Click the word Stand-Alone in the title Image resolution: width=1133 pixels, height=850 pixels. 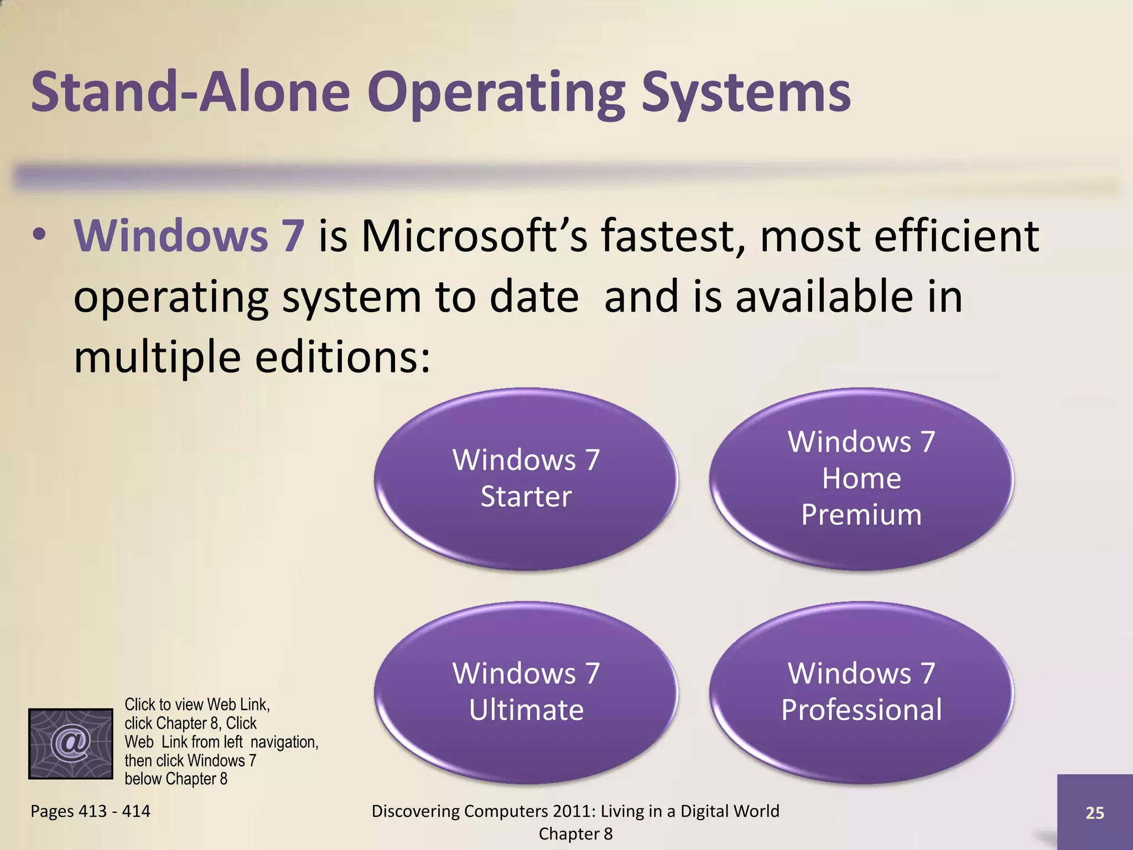click(x=190, y=92)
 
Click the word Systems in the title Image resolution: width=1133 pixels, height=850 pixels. click(x=745, y=93)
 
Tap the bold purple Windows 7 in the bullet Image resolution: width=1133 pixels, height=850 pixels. click(x=189, y=236)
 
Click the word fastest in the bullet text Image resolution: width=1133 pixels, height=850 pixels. click(x=673, y=236)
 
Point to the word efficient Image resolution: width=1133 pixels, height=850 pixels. click(x=955, y=236)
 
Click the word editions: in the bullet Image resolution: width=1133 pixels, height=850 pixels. click(x=342, y=357)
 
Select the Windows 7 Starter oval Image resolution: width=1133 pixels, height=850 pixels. click(x=526, y=479)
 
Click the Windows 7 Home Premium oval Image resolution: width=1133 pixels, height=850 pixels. click(x=861, y=479)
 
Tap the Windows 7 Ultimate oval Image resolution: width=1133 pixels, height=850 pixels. click(x=526, y=692)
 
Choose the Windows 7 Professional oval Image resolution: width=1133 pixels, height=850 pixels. click(x=861, y=692)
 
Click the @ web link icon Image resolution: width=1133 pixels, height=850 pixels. click(x=71, y=743)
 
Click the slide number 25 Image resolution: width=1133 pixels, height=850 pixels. click(x=1094, y=812)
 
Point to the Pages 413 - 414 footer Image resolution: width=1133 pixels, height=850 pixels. click(x=90, y=811)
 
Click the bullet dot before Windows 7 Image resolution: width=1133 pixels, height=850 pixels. click(x=39, y=235)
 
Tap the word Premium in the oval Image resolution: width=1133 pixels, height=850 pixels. click(x=861, y=515)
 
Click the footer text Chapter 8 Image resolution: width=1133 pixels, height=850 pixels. click(x=575, y=834)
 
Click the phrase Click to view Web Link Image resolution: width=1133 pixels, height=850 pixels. click(x=197, y=704)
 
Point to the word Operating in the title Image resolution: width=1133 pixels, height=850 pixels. click(x=496, y=93)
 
